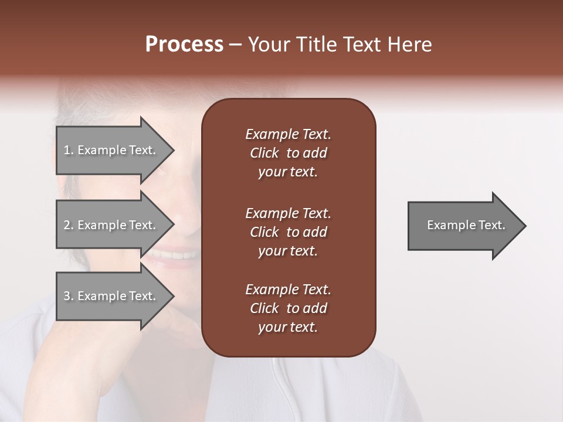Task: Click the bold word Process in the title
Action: pyautogui.click(x=184, y=45)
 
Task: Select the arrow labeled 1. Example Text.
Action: pyautogui.click(x=111, y=151)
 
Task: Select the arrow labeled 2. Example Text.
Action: pyautogui.click(x=111, y=225)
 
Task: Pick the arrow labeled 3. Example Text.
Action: pyautogui.click(x=111, y=296)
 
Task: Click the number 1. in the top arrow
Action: pyautogui.click(x=69, y=150)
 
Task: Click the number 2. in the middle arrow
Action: pyautogui.click(x=69, y=225)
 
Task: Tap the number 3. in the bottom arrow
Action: pyautogui.click(x=69, y=296)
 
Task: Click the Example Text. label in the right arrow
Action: pyautogui.click(x=466, y=225)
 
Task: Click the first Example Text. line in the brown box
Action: pyautogui.click(x=288, y=134)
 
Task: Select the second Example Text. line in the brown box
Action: pyautogui.click(x=288, y=213)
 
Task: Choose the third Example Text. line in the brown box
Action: pyautogui.click(x=288, y=290)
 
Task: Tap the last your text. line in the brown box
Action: pyautogui.click(x=288, y=327)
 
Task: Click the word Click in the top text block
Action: pyautogui.click(x=264, y=153)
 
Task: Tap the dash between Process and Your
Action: pyautogui.click(x=235, y=45)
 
